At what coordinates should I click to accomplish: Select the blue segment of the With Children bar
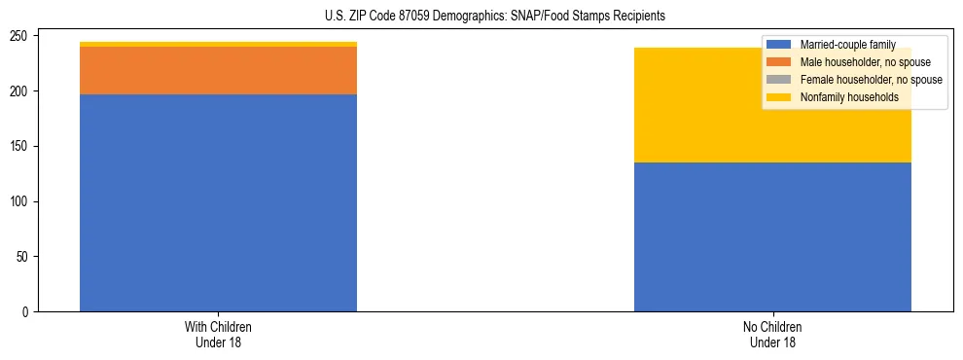pos(218,202)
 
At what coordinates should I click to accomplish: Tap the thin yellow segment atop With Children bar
pos(218,44)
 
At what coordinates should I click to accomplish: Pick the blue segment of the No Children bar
pos(772,236)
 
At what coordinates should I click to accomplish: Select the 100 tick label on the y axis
pos(22,202)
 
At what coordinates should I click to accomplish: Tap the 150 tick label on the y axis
pos(22,147)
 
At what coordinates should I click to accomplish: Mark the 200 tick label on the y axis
pos(22,91)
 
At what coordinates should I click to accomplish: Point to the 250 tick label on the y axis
pos(22,36)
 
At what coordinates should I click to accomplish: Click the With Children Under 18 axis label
pos(218,334)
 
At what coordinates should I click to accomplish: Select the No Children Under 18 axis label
pos(772,334)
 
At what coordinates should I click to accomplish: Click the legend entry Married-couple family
pos(845,45)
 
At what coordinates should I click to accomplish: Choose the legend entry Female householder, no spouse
pos(871,80)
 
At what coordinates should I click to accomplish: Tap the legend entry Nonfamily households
pos(848,97)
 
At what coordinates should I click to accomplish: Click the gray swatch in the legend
pos(779,80)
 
